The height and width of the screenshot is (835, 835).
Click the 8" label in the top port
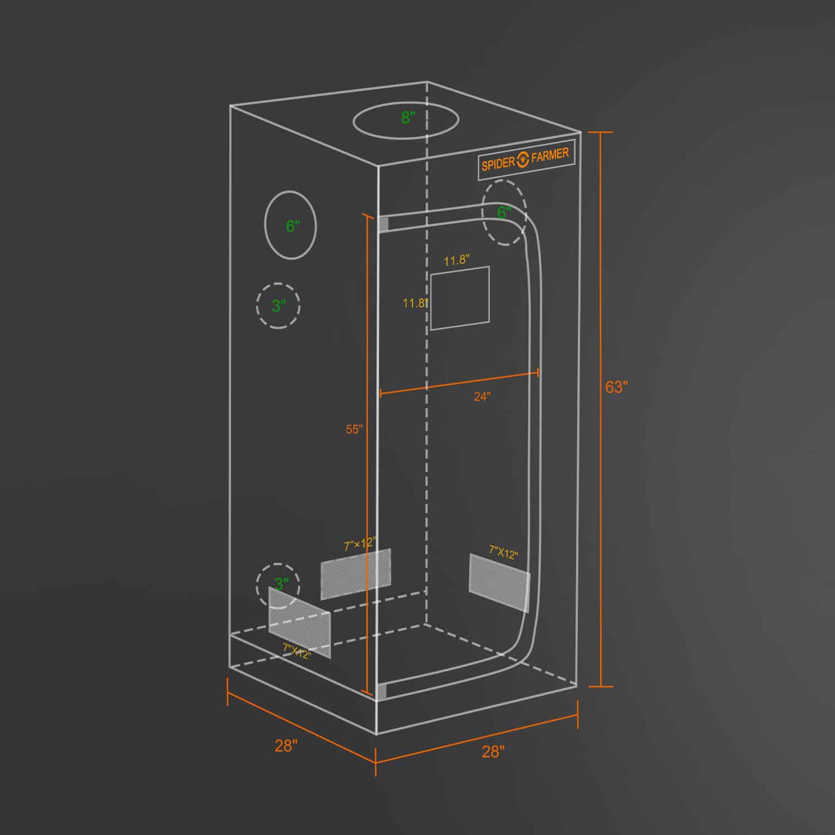408,117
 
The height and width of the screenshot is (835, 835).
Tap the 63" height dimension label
616,387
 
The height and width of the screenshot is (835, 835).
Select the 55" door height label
354,429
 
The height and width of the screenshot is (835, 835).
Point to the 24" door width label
482,396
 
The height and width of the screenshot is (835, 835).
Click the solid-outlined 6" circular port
290,225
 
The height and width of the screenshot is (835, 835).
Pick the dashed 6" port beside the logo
504,213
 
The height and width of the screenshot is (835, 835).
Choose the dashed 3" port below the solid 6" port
278,306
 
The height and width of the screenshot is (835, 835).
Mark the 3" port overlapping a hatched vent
278,584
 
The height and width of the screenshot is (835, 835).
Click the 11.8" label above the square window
456,260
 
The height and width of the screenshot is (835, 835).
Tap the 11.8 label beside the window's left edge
414,303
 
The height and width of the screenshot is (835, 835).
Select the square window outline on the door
460,298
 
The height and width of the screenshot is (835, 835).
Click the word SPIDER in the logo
498,164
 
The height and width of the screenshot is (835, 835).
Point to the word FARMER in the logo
550,155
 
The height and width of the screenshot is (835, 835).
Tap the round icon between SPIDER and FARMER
523,160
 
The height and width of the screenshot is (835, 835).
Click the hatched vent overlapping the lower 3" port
299,622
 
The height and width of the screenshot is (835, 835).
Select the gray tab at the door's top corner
384,224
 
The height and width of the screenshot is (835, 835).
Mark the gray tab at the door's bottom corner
381,692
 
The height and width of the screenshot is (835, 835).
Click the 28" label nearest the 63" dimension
493,751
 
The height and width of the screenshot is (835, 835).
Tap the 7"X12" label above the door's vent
503,552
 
